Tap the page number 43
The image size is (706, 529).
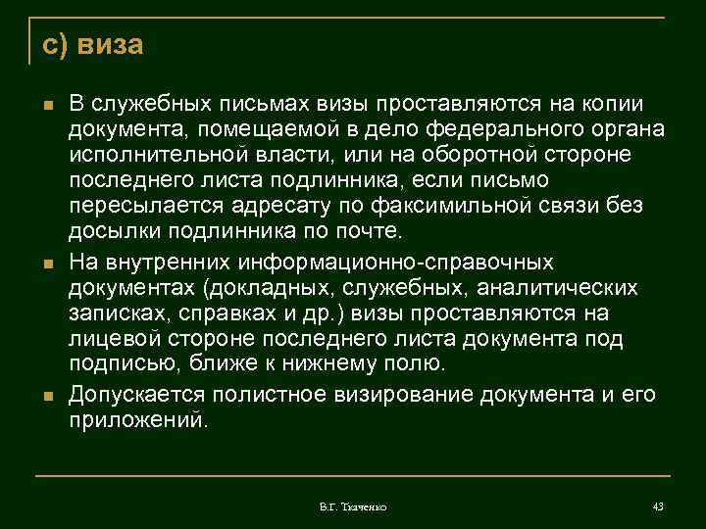(x=657, y=505)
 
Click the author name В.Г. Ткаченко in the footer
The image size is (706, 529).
(x=353, y=506)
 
